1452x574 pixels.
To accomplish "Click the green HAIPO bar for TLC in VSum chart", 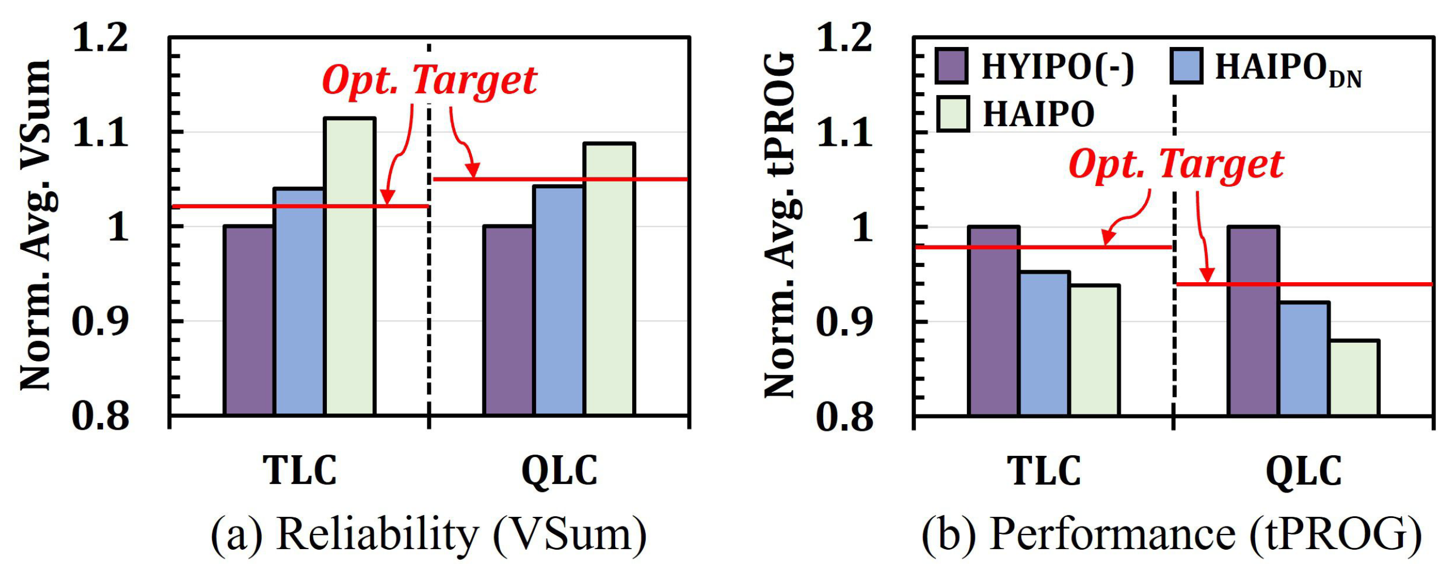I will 349,266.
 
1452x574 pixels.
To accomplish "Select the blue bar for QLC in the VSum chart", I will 559,300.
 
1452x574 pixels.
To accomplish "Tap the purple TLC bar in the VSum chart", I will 249,320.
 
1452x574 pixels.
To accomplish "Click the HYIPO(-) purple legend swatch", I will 951,66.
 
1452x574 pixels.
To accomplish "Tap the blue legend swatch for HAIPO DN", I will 1186,66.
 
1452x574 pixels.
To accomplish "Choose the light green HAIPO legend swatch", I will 953,114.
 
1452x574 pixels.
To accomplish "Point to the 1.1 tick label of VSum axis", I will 101,133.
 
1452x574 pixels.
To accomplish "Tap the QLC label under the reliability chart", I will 559,471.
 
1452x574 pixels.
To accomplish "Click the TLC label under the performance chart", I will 1044,471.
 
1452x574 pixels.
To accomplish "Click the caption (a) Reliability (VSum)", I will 429,534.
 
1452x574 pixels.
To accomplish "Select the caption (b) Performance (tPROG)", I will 1172,534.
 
